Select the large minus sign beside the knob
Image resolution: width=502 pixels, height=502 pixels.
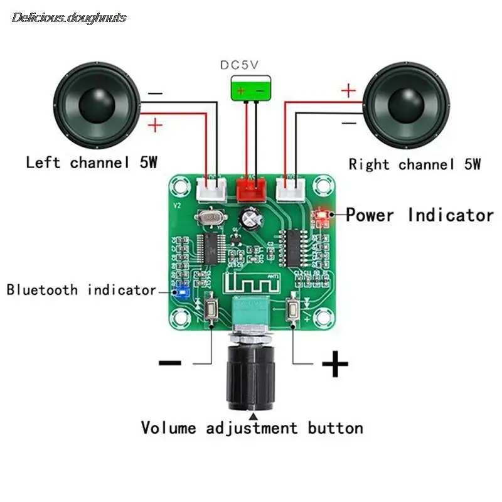pos(170,362)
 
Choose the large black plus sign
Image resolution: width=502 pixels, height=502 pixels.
pos(334,363)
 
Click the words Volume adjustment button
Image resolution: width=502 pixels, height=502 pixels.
pos(252,429)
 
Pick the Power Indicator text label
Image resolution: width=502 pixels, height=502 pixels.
pos(420,215)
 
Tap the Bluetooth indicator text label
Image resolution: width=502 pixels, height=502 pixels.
pos(81,290)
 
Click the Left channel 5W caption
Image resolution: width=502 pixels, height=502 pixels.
pos(91,163)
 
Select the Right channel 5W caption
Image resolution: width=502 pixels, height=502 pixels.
pos(415,164)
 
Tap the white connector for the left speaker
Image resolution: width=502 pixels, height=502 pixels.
pos(212,186)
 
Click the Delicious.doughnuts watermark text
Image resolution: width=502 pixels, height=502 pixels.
pos(69,18)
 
